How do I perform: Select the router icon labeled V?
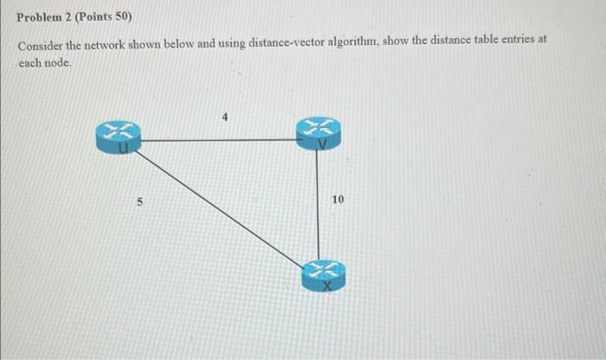[318, 134]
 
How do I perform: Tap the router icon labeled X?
[322, 274]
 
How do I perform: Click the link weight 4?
[224, 119]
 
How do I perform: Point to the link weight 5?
[139, 202]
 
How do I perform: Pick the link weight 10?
[338, 200]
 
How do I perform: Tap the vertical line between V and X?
[319, 203]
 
